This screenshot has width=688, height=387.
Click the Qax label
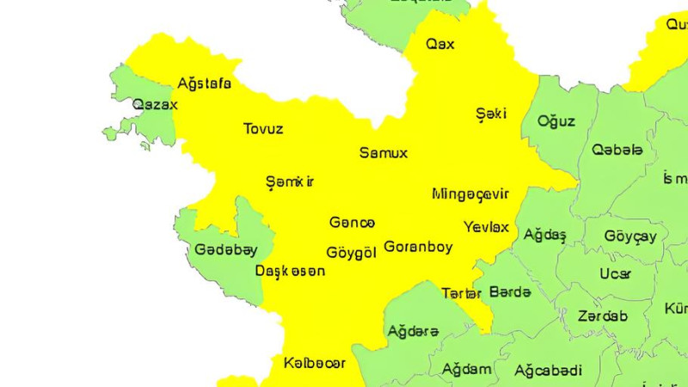coord(440,44)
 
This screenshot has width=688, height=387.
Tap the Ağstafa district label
coord(204,83)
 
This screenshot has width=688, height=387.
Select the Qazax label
coord(155,105)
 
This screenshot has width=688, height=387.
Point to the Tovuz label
coord(263,129)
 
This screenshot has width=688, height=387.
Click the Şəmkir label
coord(290,181)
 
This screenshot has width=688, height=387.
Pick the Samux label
coord(383,153)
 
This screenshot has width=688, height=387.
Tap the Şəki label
coord(491,114)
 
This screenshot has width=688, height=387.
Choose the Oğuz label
coord(556,121)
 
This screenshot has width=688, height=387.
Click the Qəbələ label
coord(617,150)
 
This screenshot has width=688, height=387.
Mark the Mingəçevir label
coord(470,193)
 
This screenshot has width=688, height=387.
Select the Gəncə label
coord(352,223)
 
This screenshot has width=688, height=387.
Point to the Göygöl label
coord(352,253)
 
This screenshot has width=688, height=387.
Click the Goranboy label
coord(418,246)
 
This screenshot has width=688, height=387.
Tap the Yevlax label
coord(486,228)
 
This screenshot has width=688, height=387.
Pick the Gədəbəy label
coord(225,249)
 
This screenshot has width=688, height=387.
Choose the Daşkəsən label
coord(291,271)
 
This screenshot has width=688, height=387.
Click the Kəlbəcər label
coord(315,363)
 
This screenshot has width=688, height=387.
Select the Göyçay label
coord(630,236)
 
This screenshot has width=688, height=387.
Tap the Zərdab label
coord(603,316)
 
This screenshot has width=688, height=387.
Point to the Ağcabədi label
coord(548,371)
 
